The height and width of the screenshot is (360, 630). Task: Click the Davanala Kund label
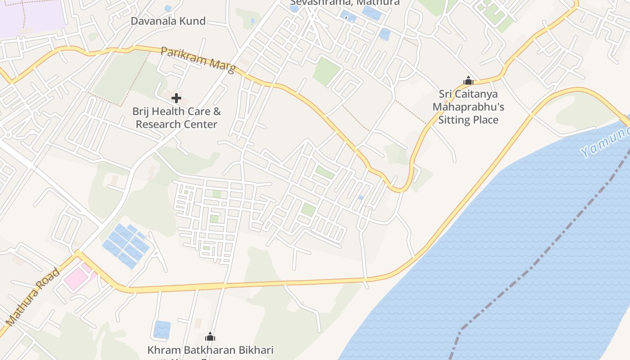(x=168, y=21)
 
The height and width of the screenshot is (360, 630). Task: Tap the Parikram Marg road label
(x=198, y=59)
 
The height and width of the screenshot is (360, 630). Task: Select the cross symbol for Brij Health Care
(x=176, y=98)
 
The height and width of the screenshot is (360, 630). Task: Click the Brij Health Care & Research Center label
(x=176, y=117)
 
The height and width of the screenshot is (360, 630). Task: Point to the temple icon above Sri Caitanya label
(x=468, y=81)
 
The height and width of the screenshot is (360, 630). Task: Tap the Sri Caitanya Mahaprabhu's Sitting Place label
(x=468, y=107)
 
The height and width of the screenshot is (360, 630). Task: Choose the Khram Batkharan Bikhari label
(x=210, y=350)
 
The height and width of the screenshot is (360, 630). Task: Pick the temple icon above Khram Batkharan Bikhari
(x=210, y=337)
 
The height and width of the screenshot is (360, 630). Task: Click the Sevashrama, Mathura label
(x=345, y=2)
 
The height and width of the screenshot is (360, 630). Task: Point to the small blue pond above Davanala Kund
(x=168, y=8)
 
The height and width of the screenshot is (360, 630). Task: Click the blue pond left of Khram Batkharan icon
(x=162, y=329)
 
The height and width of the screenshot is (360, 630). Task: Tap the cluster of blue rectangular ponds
(x=126, y=246)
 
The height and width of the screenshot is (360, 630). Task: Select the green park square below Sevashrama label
(x=327, y=71)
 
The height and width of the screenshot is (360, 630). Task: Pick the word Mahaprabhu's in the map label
(x=468, y=107)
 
